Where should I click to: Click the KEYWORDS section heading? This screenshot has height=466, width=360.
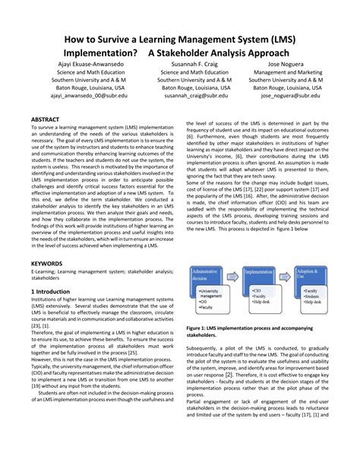coord(47,262)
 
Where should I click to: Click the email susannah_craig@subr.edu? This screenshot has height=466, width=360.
coord(195,97)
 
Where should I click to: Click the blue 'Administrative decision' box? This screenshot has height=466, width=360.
coord(210,274)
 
